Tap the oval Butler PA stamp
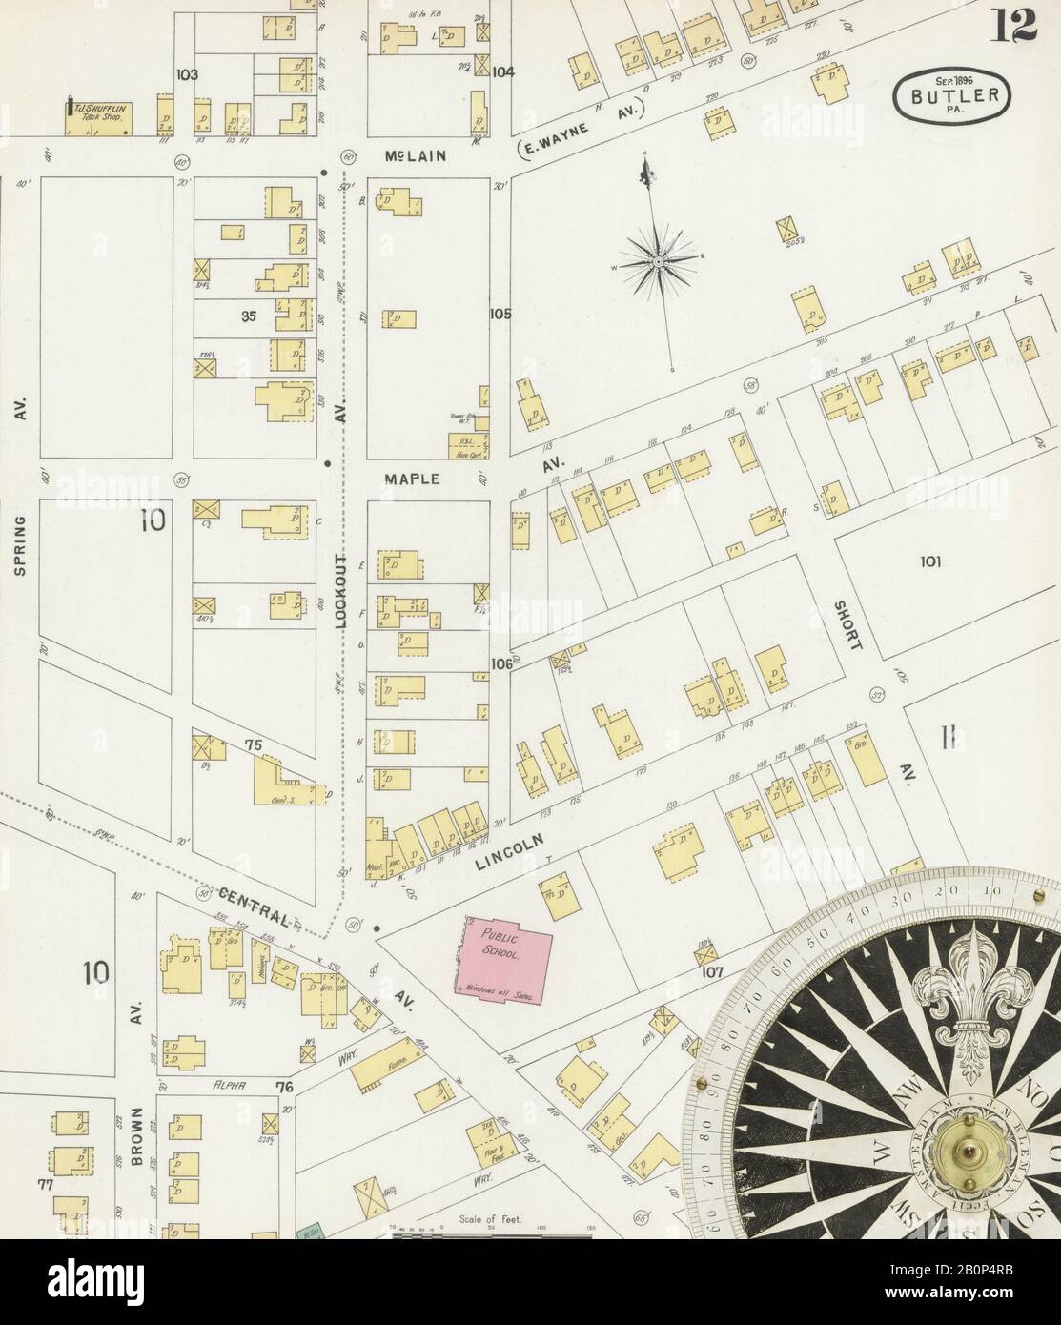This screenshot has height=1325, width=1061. pyautogui.click(x=953, y=96)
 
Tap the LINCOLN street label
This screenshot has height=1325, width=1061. pyautogui.click(x=508, y=852)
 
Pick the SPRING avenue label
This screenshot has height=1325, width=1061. pyautogui.click(x=20, y=547)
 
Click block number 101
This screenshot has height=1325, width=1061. pyautogui.click(x=929, y=561)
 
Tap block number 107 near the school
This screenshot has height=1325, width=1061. pyautogui.click(x=712, y=973)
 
